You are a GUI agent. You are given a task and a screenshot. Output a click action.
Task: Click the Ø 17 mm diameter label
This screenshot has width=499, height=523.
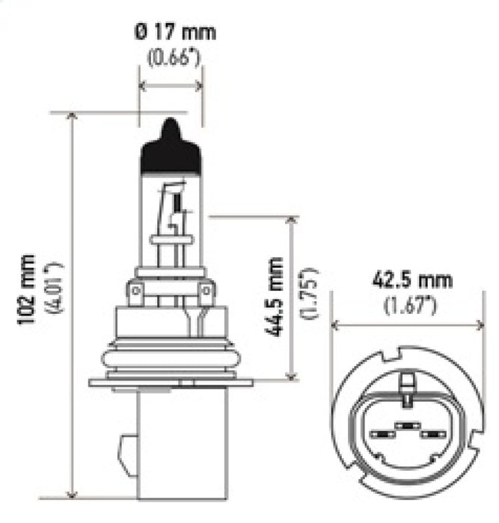coord(174,32)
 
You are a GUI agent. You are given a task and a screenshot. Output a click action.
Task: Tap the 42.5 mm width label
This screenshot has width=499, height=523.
coord(411,281)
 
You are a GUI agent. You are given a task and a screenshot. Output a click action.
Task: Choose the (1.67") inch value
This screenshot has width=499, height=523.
coord(411,304)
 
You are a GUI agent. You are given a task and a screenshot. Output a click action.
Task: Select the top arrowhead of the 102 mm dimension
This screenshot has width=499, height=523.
coord(72,117)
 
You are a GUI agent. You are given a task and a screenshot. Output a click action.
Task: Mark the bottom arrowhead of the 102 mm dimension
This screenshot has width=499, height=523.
coord(72,493)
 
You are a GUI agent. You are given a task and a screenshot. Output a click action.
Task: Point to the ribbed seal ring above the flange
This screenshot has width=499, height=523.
coord(171,358)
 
